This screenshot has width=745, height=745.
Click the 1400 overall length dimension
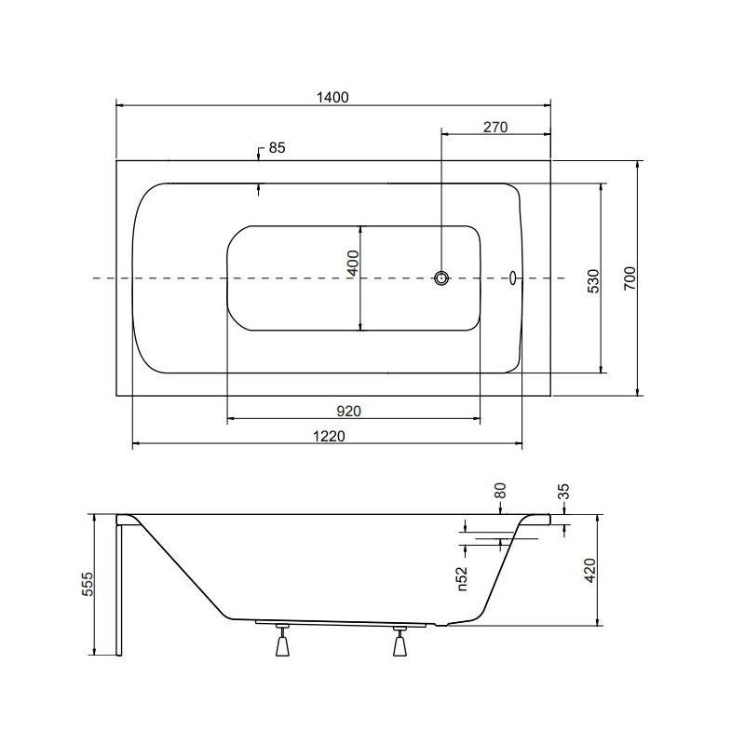coord(332,98)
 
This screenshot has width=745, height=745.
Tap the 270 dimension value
coord(495,128)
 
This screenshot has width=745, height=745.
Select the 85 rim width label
coord(277,148)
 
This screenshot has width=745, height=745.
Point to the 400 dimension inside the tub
coord(354,264)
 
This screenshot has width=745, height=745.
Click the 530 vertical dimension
coord(594,281)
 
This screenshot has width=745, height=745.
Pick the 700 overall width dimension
coord(630,278)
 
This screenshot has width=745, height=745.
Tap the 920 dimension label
coord(348,411)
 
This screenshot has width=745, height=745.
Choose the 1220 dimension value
coord(330,436)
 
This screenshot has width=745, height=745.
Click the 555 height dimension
coord(88,584)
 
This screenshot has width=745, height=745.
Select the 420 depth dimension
coord(589,570)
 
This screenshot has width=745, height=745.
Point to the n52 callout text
coord(462,578)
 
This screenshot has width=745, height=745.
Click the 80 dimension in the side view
coord(500,491)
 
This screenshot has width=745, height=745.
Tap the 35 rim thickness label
coord(564,492)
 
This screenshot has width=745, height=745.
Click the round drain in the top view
coord(441,278)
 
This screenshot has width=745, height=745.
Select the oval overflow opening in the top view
coord(513,278)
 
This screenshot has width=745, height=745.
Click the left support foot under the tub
coord(283,641)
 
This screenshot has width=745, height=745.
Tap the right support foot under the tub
coord(400,641)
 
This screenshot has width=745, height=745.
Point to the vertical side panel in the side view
coord(119,590)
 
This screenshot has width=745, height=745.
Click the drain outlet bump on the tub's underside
coord(441,625)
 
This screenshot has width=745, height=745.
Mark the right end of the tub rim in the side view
coord(549,520)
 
